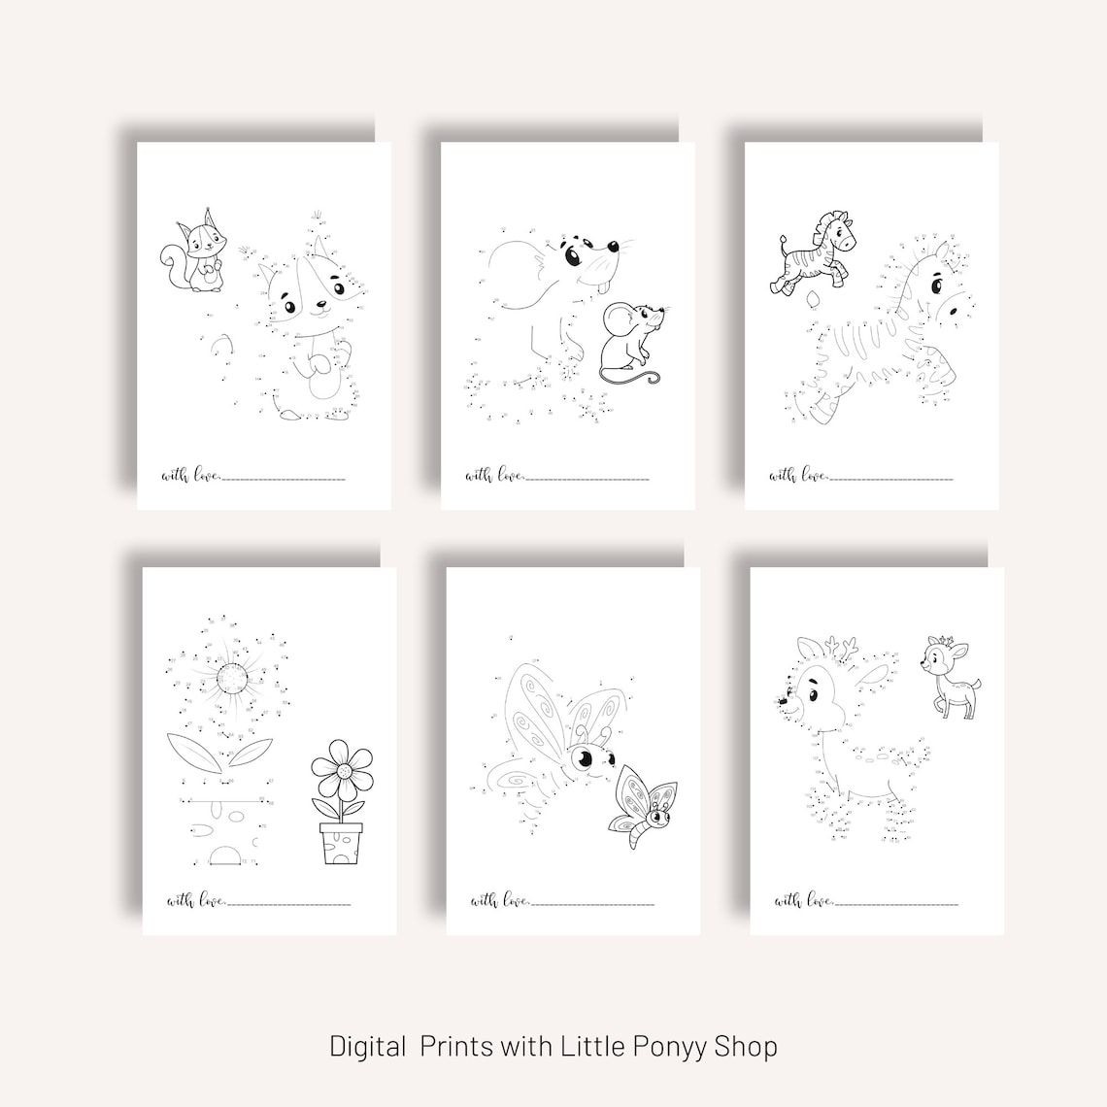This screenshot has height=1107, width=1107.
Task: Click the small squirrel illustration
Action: [x=194, y=252]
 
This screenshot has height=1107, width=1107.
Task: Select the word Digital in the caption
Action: [x=368, y=1046]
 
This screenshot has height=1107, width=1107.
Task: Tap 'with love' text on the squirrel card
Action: [x=191, y=475]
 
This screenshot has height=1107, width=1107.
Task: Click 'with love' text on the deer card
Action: [x=805, y=900]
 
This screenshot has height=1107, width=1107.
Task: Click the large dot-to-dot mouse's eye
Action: [x=576, y=257]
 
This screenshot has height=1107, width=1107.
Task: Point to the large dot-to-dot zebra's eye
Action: [x=937, y=286]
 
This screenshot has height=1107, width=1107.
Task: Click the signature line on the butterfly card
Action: [x=593, y=904]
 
